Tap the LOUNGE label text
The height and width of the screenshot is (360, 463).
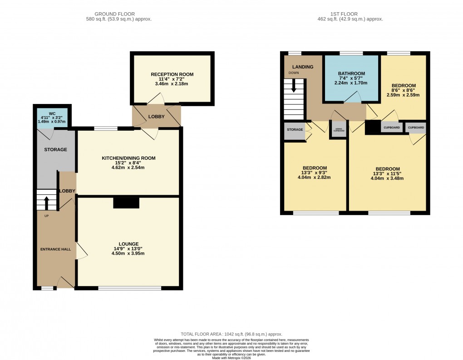click(129, 244)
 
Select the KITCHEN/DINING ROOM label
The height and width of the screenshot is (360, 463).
click(128, 158)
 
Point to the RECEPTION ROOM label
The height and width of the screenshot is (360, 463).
click(172, 74)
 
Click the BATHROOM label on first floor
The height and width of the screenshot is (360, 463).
click(351, 74)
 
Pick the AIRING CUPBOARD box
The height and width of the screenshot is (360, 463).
click(339, 130)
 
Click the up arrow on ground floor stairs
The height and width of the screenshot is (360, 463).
click(46, 202)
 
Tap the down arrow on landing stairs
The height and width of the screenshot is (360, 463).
click(294, 86)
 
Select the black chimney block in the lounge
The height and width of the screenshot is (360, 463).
click(126, 203)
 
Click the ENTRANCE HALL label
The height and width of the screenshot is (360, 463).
click(56, 249)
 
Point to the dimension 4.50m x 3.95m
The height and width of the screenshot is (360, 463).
click(129, 253)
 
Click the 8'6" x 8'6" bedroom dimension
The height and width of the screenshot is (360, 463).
click(404, 90)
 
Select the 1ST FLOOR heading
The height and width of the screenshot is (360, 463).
click(350, 14)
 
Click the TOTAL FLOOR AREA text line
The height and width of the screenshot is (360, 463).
click(231, 334)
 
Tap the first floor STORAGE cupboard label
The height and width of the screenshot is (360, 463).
click(295, 130)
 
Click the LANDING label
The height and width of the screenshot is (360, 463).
click(303, 67)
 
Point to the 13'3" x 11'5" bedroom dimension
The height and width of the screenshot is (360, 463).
click(387, 173)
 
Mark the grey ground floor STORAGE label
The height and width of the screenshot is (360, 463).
click(55, 150)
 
